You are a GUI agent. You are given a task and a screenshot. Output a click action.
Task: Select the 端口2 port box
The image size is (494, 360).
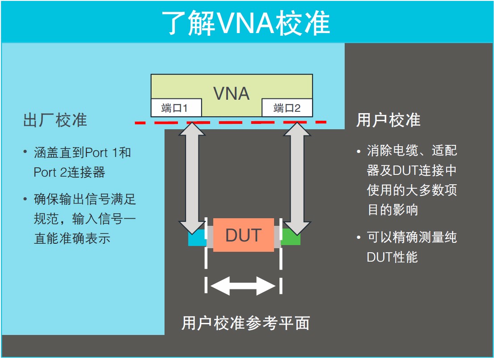[x=287, y=108]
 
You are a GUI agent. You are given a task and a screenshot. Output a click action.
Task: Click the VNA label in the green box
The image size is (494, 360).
[x=231, y=93]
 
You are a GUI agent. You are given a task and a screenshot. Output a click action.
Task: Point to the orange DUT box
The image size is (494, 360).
[x=243, y=235]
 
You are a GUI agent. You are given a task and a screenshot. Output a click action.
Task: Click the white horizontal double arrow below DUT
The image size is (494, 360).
[x=243, y=285]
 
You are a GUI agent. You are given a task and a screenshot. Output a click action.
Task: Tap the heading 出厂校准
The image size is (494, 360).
[x=55, y=120]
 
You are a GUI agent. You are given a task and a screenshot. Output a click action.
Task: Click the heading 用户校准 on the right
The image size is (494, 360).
[x=388, y=120]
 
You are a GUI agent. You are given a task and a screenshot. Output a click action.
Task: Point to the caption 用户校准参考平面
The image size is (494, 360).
[x=245, y=323]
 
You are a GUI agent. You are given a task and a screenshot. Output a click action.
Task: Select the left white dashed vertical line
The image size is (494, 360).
[x=206, y=255]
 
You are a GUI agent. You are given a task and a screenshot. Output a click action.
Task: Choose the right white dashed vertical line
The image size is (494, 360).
[x=281, y=255]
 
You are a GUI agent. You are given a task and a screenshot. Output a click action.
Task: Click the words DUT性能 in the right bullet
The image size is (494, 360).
[x=392, y=257]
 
